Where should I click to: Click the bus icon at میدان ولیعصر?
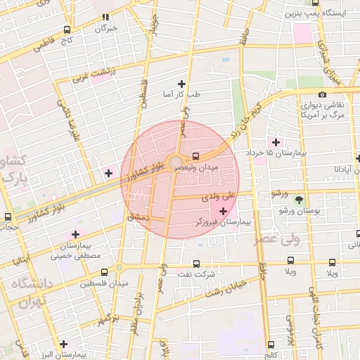(x=196, y=155)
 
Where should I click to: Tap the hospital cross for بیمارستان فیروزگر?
(x=224, y=211)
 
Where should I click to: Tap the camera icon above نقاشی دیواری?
(x=322, y=95)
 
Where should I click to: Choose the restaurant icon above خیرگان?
(x=105, y=18)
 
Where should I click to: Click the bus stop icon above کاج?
(x=67, y=30)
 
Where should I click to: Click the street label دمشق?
(x=139, y=218)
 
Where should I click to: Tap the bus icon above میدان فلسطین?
(x=105, y=272)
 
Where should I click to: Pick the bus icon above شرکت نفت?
(x=197, y=264)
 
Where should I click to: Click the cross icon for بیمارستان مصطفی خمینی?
(x=75, y=235)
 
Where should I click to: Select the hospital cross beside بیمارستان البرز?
(x=64, y=345)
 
